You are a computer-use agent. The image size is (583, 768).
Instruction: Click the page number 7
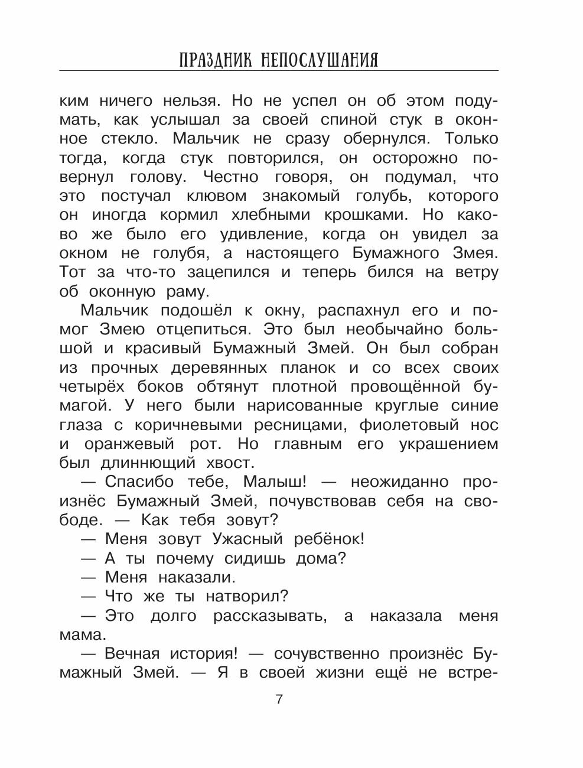279,699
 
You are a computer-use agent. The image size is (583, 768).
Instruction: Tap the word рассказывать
269,616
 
